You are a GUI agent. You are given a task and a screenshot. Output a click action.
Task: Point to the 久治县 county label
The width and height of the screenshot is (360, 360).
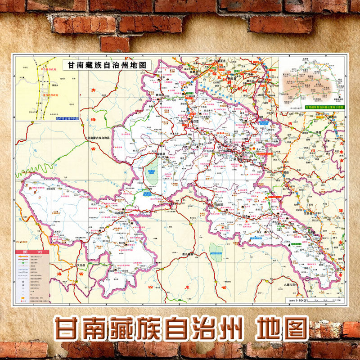pos(81,265)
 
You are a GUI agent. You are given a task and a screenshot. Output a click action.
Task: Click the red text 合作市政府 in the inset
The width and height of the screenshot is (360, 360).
pos(51,70)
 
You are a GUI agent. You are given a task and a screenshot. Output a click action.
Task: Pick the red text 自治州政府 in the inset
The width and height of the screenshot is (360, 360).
pos(52,95)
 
